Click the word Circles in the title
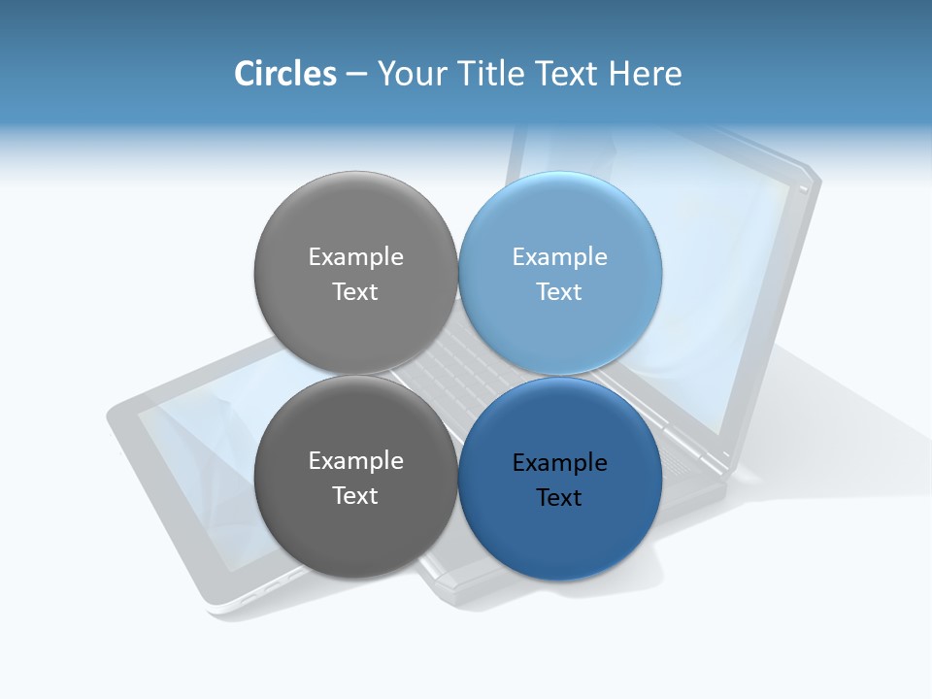click(x=284, y=74)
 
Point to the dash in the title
click(x=356, y=75)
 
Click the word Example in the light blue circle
click(x=559, y=256)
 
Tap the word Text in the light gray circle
click(x=355, y=291)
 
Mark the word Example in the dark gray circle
click(x=355, y=460)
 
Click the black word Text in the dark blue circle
click(x=559, y=497)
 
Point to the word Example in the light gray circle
click(x=355, y=256)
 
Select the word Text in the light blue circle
click(x=559, y=291)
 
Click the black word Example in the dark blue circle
click(x=559, y=462)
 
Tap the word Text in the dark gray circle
click(x=355, y=495)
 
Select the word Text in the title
click(x=568, y=74)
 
